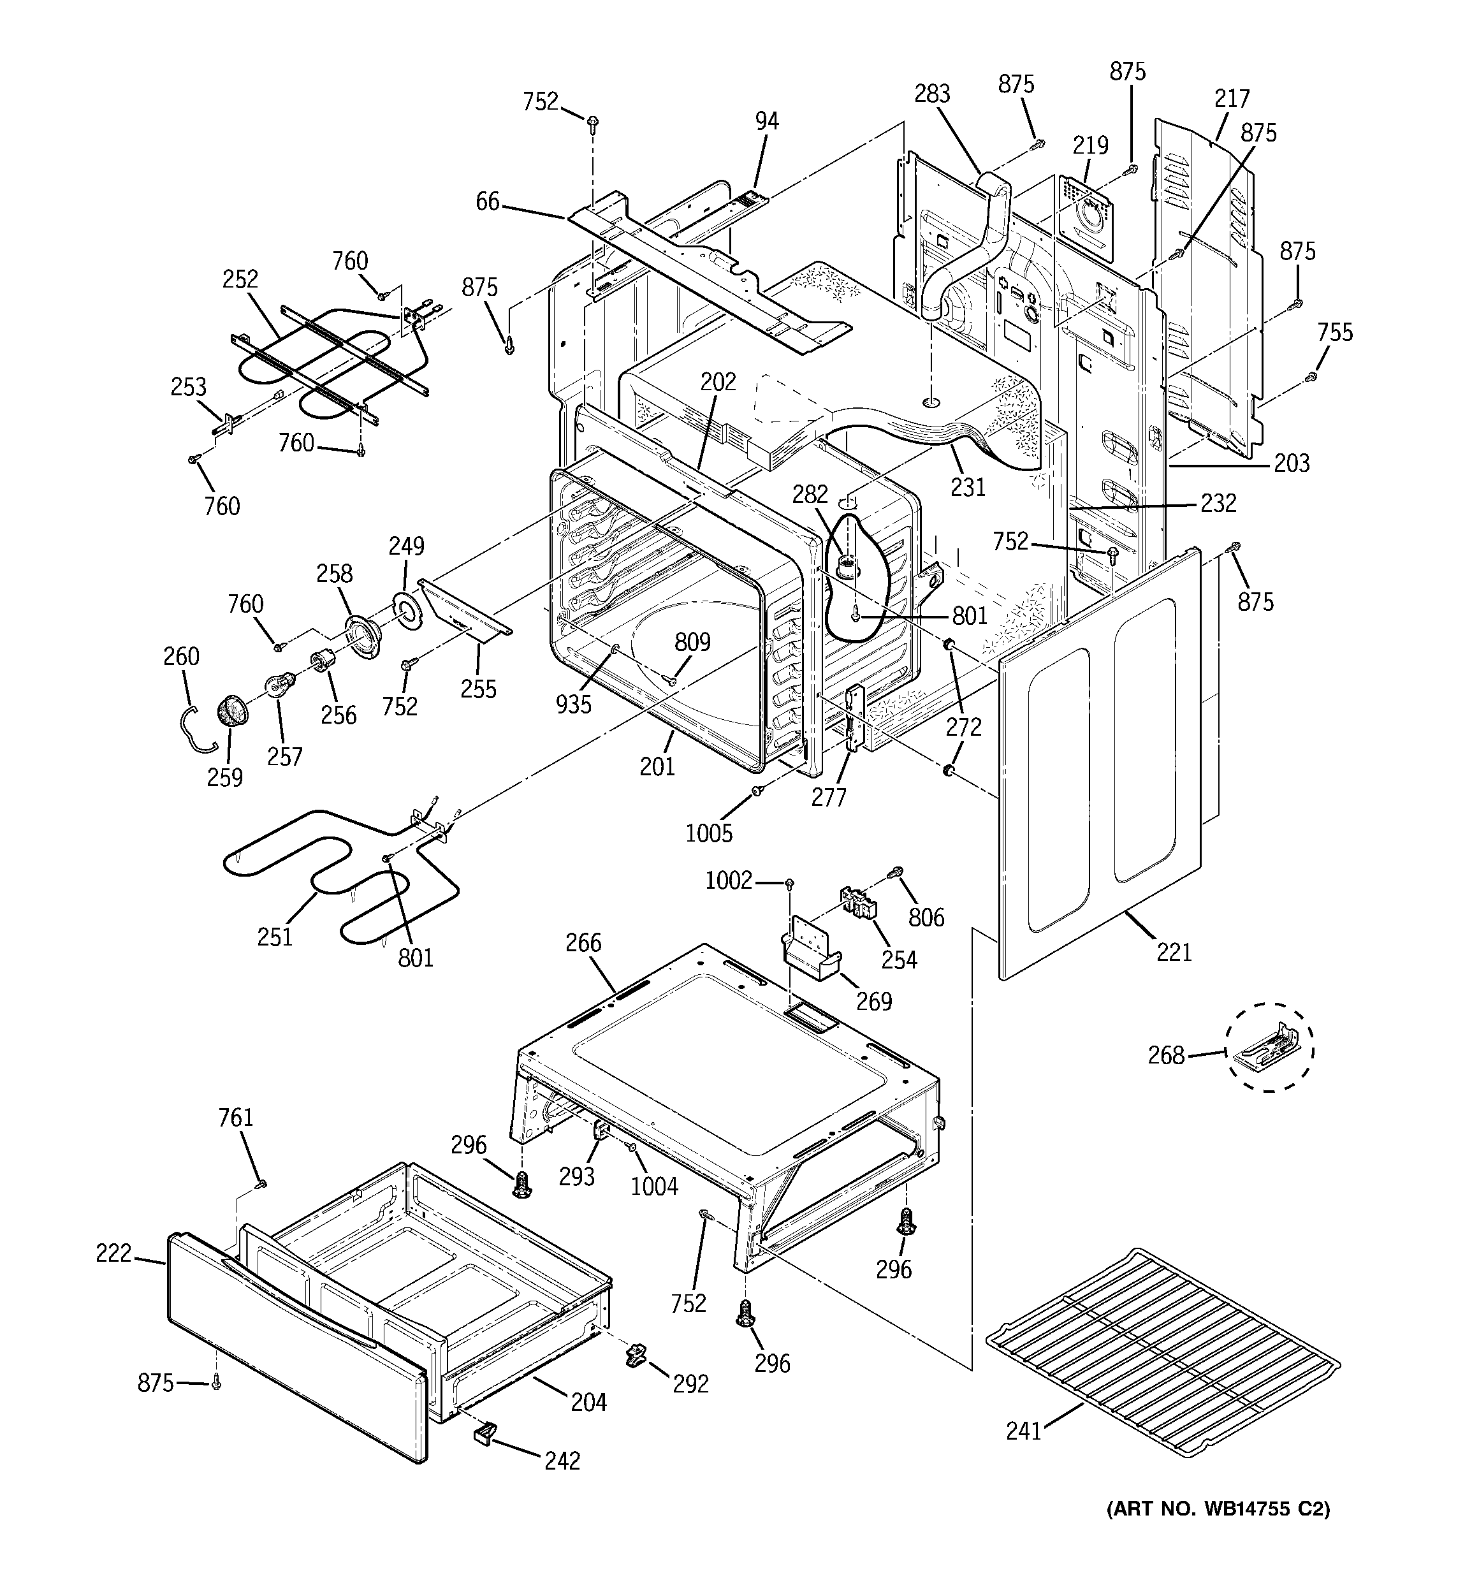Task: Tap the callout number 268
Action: click(1165, 1055)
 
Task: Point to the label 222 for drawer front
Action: click(113, 1253)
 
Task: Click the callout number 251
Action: click(275, 937)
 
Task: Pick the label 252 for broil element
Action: click(240, 279)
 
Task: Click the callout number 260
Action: click(181, 655)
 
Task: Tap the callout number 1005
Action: click(709, 832)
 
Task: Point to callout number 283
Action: click(932, 94)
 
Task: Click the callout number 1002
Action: click(728, 880)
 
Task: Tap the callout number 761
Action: click(236, 1118)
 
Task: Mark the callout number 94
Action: click(766, 121)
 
